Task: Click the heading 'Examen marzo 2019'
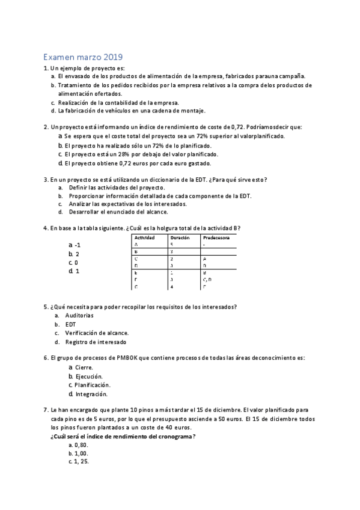(83, 58)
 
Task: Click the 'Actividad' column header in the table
(144, 238)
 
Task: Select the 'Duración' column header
(180, 238)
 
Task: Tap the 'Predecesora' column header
(217, 238)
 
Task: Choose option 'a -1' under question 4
(75, 245)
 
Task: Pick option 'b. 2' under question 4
(75, 254)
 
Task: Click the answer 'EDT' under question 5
(70, 324)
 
